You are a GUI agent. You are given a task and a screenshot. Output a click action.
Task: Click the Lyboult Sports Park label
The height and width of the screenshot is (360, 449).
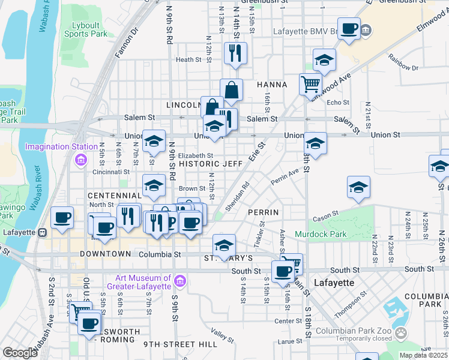(86, 30)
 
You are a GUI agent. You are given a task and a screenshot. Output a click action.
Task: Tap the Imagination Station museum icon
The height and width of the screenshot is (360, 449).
(80, 159)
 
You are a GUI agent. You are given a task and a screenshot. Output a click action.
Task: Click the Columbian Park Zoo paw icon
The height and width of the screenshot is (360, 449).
(401, 333)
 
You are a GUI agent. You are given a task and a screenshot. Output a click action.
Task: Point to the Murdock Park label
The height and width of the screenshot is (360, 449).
(318, 233)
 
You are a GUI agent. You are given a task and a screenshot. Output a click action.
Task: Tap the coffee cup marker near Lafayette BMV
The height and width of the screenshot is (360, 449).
(349, 29)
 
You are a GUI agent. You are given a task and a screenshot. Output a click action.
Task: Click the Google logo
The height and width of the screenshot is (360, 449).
(20, 352)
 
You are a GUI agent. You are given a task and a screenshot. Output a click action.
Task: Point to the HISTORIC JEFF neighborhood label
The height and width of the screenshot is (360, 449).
(210, 163)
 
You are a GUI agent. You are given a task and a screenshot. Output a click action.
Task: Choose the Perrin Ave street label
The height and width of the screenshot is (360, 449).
(285, 176)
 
